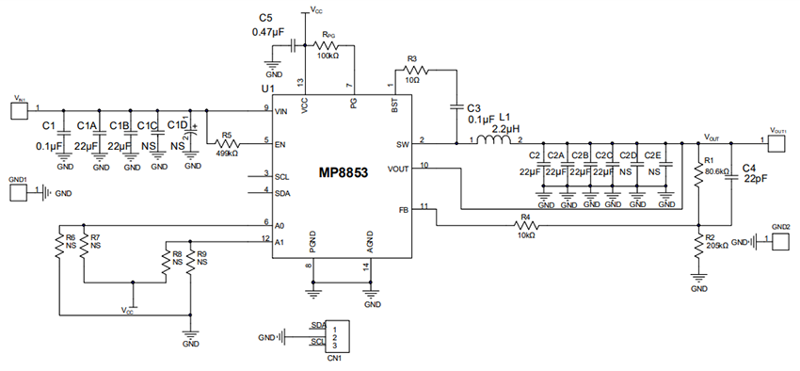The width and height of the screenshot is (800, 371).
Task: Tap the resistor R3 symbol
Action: (416, 70)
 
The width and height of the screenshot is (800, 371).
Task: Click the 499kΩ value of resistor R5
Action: (226, 153)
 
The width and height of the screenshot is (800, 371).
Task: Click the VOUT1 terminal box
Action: (777, 142)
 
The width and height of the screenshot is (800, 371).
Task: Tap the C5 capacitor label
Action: (264, 18)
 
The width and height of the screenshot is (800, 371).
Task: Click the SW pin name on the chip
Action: (403, 145)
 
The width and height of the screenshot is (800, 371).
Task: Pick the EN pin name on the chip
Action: (280, 144)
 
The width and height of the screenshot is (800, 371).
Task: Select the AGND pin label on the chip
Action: (370, 247)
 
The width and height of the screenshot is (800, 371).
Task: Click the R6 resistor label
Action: (70, 237)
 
